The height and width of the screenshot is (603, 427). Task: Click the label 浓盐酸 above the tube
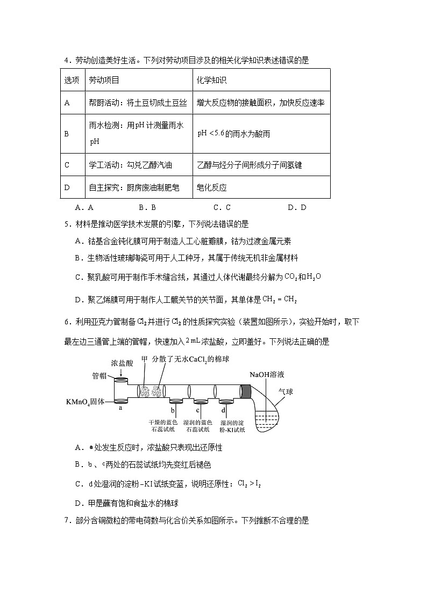click(x=122, y=364)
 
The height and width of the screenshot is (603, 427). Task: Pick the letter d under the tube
click(x=223, y=410)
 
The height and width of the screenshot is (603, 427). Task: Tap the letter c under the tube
click(x=198, y=410)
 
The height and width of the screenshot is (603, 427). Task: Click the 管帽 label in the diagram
click(x=100, y=376)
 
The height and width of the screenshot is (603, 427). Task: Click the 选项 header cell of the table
click(x=72, y=81)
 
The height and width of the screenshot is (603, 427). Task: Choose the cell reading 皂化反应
click(x=212, y=187)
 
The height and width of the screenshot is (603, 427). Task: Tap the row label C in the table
click(x=67, y=165)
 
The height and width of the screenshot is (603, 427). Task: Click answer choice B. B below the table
click(x=147, y=207)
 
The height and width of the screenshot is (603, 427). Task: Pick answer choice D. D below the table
click(x=296, y=207)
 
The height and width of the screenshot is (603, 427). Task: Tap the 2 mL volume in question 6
click(x=193, y=341)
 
